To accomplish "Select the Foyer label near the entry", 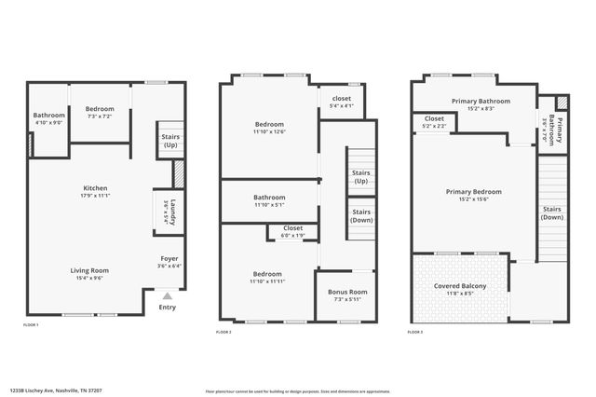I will point(169,258).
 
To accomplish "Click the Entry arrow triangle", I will point(167,296).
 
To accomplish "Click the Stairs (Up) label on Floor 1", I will point(170,141).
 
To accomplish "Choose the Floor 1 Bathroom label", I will point(48,116).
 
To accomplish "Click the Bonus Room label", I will point(347,292).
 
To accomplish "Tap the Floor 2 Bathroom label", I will point(269,198).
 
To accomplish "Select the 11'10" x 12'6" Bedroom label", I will point(269,124).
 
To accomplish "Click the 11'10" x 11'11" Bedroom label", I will point(269,274).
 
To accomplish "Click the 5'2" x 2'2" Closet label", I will point(434,119).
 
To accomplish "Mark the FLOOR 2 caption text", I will point(223,332).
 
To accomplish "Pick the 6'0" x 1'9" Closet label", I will point(293,228).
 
